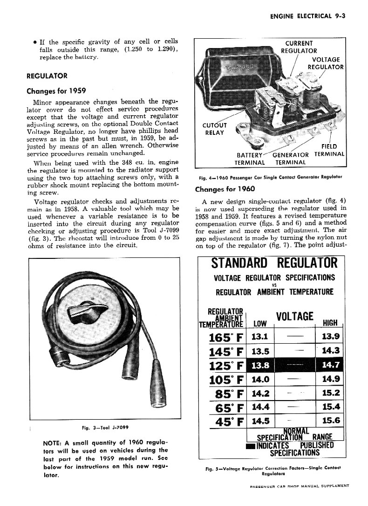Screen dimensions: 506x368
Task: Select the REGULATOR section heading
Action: point(47,76)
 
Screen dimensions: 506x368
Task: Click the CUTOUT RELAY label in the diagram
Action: point(214,128)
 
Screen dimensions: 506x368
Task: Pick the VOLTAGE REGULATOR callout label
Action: point(326,63)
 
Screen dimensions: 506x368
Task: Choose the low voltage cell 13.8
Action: point(259,366)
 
